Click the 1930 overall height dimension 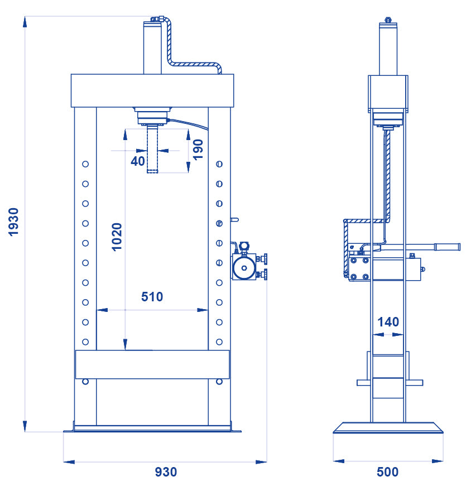point(14,222)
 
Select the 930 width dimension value point(166,472)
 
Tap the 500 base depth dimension point(388,472)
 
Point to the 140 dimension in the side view point(388,322)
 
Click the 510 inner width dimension point(152,297)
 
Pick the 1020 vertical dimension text point(117,237)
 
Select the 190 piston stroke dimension point(198,150)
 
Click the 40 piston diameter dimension point(137,161)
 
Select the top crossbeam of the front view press point(151,90)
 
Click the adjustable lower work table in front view point(152,364)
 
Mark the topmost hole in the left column point(85,164)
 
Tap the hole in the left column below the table point(85,381)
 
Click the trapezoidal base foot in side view point(388,428)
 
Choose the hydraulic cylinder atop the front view point(152,47)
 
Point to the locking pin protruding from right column point(234,220)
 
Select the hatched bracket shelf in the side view point(363,222)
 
